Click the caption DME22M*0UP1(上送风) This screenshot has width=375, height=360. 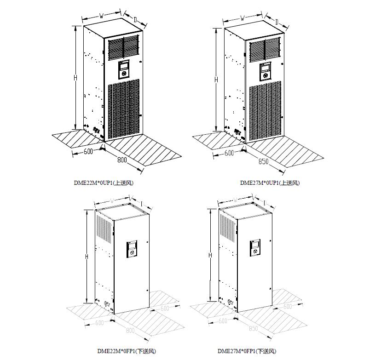tap(104, 183)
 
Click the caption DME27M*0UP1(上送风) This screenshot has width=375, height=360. tap(270, 183)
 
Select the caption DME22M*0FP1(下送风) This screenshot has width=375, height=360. tap(127, 351)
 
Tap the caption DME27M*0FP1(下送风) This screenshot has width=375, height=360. tap(247, 351)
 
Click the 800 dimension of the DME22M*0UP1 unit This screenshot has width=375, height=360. tap(122, 160)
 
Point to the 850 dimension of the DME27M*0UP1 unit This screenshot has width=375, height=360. tap(263, 161)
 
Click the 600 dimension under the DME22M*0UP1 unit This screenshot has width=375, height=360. tap(88, 152)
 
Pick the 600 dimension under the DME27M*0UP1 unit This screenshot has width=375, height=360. tap(229, 153)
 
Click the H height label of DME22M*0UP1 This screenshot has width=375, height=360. tap(75, 78)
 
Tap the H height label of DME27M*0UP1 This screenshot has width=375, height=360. tap(216, 80)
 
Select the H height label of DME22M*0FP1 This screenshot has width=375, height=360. tap(87, 257)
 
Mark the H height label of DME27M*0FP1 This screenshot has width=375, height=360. tap(210, 255)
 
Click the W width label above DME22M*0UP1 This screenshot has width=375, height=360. tap(101, 16)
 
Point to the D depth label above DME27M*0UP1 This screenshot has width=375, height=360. tap(277, 22)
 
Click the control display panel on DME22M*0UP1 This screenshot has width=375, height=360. tap(124, 69)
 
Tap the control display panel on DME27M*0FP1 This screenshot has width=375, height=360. tap(255, 248)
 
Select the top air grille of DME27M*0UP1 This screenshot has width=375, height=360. tap(265, 50)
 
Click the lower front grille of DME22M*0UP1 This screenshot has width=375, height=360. tap(124, 109)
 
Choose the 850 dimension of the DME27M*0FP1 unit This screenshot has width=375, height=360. tap(253, 328)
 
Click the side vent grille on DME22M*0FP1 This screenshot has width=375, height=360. tap(104, 229)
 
